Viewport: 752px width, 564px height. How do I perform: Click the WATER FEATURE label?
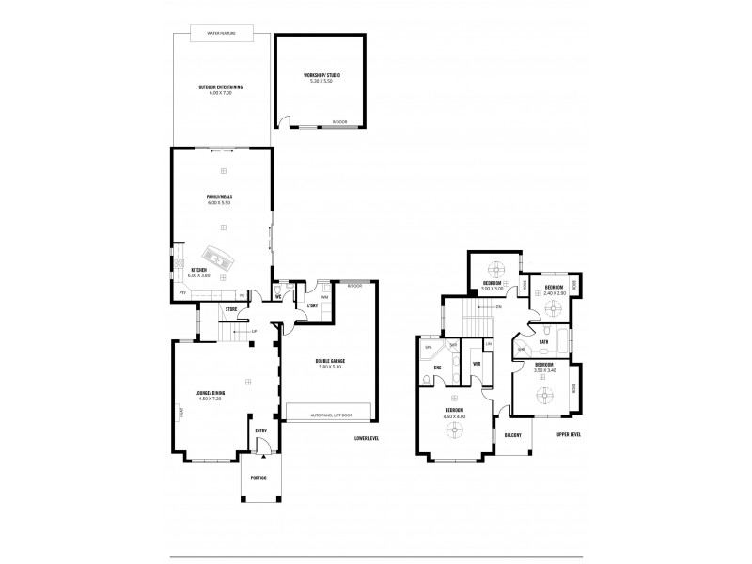click(x=223, y=33)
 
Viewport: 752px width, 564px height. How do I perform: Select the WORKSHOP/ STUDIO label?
click(x=321, y=75)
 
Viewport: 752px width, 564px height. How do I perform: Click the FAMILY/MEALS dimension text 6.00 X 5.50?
click(x=221, y=202)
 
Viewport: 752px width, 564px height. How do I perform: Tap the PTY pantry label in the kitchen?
click(x=181, y=294)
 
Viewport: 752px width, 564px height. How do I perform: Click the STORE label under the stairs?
click(x=230, y=308)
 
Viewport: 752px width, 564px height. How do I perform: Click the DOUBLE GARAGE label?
click(x=328, y=360)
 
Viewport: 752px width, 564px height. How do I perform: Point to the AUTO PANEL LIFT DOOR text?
click(x=328, y=414)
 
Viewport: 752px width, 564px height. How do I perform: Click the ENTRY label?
click(x=261, y=431)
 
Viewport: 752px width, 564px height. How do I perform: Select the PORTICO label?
click(x=258, y=478)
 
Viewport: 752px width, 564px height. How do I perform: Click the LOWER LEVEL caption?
click(x=367, y=439)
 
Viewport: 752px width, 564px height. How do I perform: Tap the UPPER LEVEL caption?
click(x=569, y=435)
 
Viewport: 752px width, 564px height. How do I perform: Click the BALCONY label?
click(x=512, y=435)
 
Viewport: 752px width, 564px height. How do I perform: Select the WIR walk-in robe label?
click(x=478, y=363)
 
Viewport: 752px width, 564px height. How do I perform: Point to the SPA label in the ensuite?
click(x=429, y=348)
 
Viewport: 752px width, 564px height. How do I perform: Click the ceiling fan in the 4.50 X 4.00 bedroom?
click(x=456, y=431)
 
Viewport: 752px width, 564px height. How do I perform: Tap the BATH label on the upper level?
click(x=543, y=343)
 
